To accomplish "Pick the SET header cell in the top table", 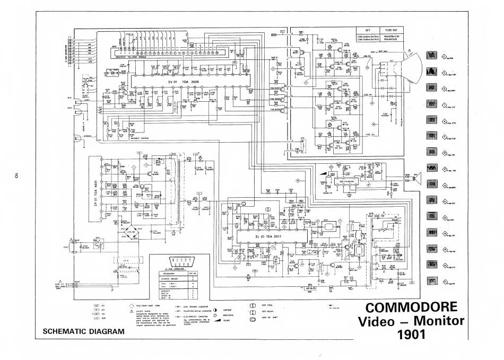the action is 367,30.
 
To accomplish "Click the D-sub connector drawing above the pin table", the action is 179,260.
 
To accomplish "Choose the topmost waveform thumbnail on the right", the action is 431,56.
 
